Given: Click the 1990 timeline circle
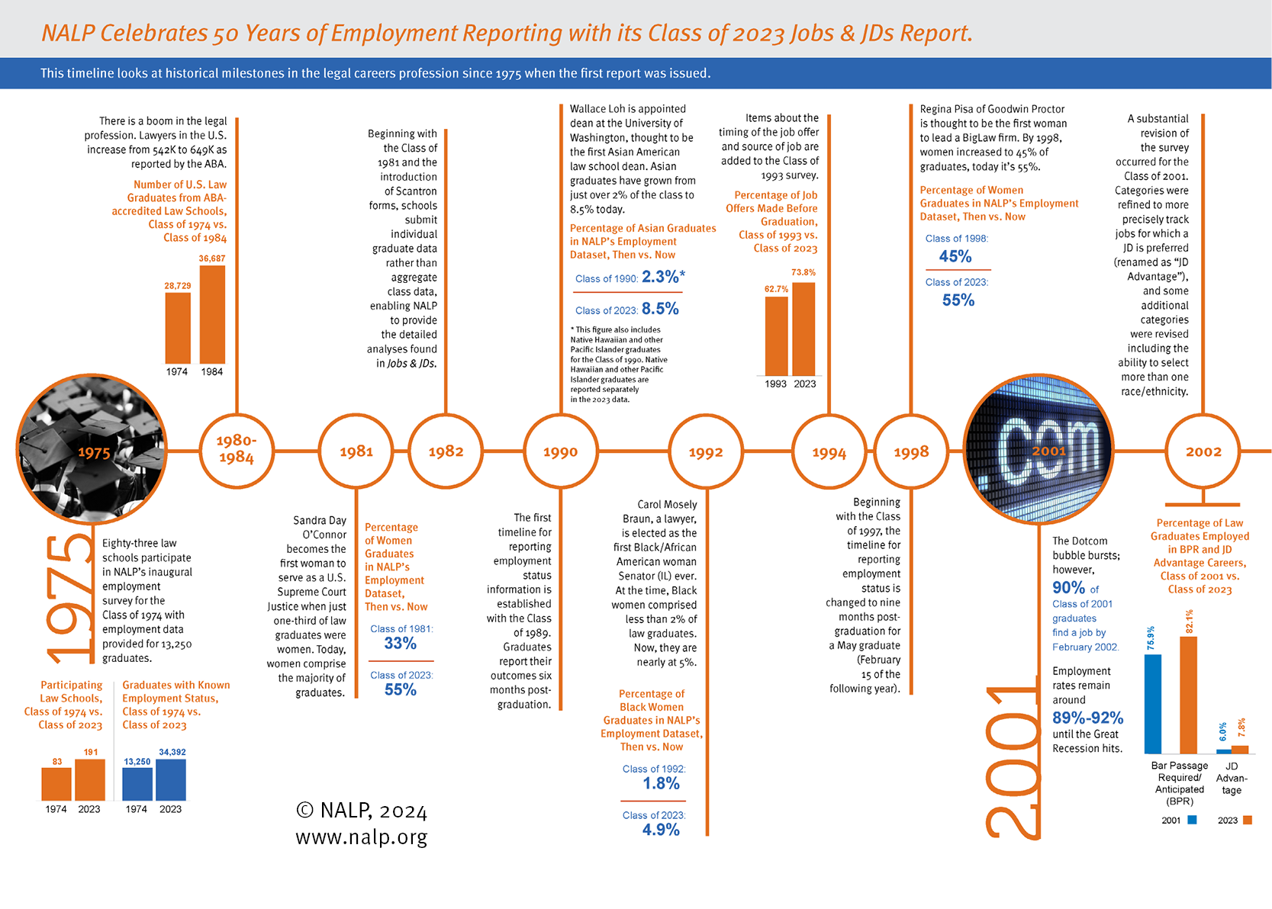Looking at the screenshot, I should point(560,451).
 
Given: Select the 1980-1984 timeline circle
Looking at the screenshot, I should point(237,450).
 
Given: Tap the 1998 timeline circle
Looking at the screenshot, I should point(911,451).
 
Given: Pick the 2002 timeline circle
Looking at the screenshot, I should point(1203,451).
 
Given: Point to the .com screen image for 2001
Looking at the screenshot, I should point(1039,450).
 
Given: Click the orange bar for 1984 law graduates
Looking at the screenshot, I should point(212,314).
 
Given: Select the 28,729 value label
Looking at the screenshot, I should point(178,286).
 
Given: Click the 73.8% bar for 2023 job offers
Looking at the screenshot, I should point(803,329).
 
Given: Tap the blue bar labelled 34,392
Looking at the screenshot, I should point(171,779).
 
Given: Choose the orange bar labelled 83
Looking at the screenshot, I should point(56,784).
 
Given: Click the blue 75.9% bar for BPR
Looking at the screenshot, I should point(1152,704).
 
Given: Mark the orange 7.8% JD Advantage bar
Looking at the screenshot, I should point(1240,750).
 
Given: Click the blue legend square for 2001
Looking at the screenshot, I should point(1192,821).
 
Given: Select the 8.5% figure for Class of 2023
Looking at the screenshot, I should point(660,309).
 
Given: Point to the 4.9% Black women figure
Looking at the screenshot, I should point(661,830).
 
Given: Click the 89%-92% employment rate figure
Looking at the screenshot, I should point(1087,718).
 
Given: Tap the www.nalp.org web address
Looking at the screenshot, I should point(362,837).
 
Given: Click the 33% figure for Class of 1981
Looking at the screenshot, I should point(401,644).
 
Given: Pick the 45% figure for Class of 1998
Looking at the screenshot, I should point(955,256).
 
